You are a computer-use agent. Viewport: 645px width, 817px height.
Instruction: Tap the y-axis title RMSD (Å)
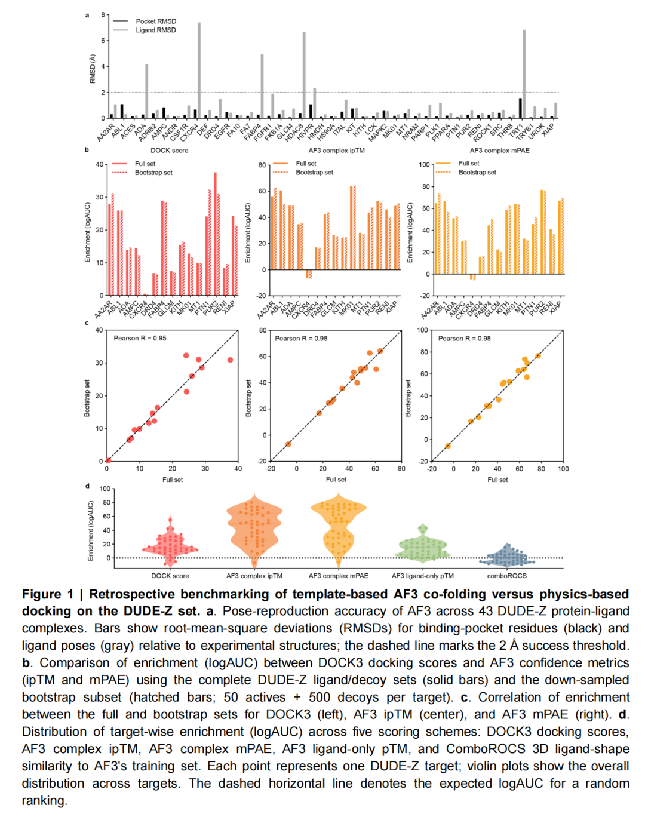[x=93, y=69]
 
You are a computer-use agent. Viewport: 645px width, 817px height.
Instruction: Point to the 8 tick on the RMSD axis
[x=103, y=14]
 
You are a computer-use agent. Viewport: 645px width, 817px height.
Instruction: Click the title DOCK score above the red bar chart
[x=169, y=150]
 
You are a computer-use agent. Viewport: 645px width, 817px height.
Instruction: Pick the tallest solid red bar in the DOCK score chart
[x=215, y=234]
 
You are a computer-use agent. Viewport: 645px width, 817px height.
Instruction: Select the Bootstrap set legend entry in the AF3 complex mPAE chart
[x=477, y=173]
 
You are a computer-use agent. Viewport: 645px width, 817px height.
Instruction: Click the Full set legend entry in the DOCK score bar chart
[x=145, y=164]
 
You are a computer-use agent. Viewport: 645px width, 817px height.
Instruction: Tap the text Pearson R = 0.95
[x=140, y=338]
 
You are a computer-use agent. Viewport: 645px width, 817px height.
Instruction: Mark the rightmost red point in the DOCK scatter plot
[x=230, y=360]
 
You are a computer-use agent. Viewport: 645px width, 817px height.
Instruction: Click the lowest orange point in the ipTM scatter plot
[x=288, y=444]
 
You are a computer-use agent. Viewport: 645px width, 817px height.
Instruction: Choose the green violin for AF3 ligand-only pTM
[x=423, y=545]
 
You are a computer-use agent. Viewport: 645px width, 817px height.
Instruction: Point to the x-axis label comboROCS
[x=506, y=576]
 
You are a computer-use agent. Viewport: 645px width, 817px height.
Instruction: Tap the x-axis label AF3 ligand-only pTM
[x=422, y=576]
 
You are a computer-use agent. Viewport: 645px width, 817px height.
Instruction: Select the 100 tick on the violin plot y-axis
[x=105, y=489]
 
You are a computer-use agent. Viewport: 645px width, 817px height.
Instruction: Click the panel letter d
[x=87, y=486]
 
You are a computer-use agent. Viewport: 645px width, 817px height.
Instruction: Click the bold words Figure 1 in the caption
[x=48, y=594]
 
